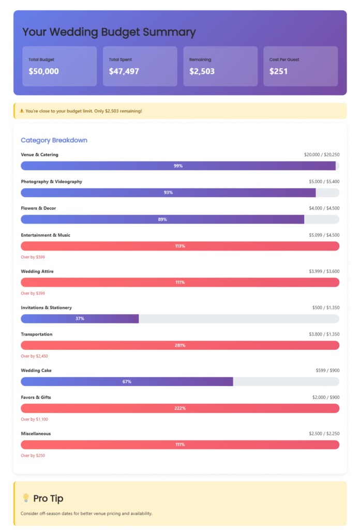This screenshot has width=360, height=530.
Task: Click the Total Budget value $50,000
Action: [43, 71]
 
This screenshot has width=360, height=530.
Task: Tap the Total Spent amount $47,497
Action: [124, 71]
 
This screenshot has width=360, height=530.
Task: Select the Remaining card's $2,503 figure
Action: [202, 71]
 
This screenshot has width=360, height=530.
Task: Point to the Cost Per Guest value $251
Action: [279, 71]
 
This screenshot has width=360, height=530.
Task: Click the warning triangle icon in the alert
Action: [22, 111]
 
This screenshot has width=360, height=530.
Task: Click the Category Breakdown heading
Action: [54, 140]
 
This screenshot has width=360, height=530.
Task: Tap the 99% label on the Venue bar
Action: [178, 166]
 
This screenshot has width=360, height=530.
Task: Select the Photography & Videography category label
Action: [51, 182]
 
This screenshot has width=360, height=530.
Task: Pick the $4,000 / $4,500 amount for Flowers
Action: [322, 209]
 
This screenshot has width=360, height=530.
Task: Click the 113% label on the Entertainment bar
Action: [180, 246]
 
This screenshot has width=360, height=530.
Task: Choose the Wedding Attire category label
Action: [37, 271]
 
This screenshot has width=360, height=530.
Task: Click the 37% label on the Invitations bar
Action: [80, 318]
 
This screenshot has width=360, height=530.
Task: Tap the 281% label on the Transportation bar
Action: [180, 345]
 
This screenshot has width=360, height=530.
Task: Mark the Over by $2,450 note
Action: [35, 356]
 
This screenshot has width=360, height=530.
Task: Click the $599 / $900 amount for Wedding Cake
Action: [327, 371]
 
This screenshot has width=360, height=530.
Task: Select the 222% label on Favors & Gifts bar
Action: [180, 408]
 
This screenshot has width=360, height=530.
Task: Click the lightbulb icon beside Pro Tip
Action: [25, 498]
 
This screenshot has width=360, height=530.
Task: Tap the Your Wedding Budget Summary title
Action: [109, 32]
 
